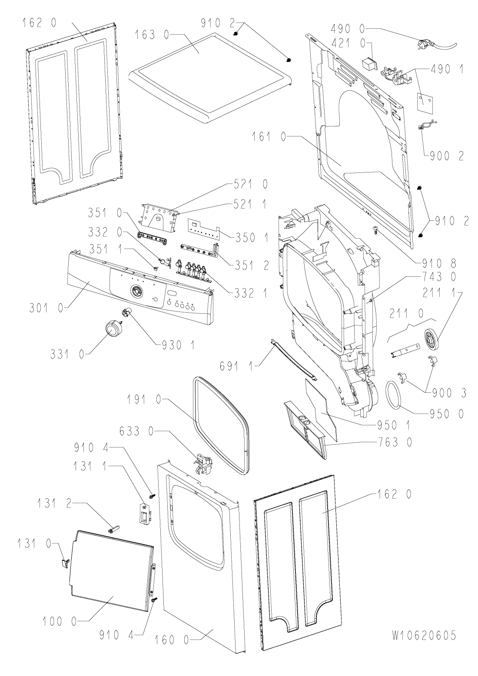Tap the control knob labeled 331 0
(112, 328)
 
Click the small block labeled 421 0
(370, 64)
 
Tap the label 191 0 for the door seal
(144, 400)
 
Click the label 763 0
(395, 442)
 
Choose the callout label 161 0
(269, 137)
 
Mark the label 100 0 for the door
(60, 621)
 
